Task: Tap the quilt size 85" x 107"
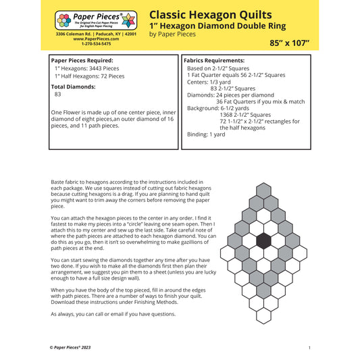(x=289, y=43)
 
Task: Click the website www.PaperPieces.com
(x=96, y=39)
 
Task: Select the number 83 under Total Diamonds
(x=58, y=95)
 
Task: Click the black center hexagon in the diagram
(x=263, y=240)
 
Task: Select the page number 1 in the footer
(x=309, y=347)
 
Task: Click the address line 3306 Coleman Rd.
(x=96, y=34)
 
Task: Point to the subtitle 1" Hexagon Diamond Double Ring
(x=217, y=26)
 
